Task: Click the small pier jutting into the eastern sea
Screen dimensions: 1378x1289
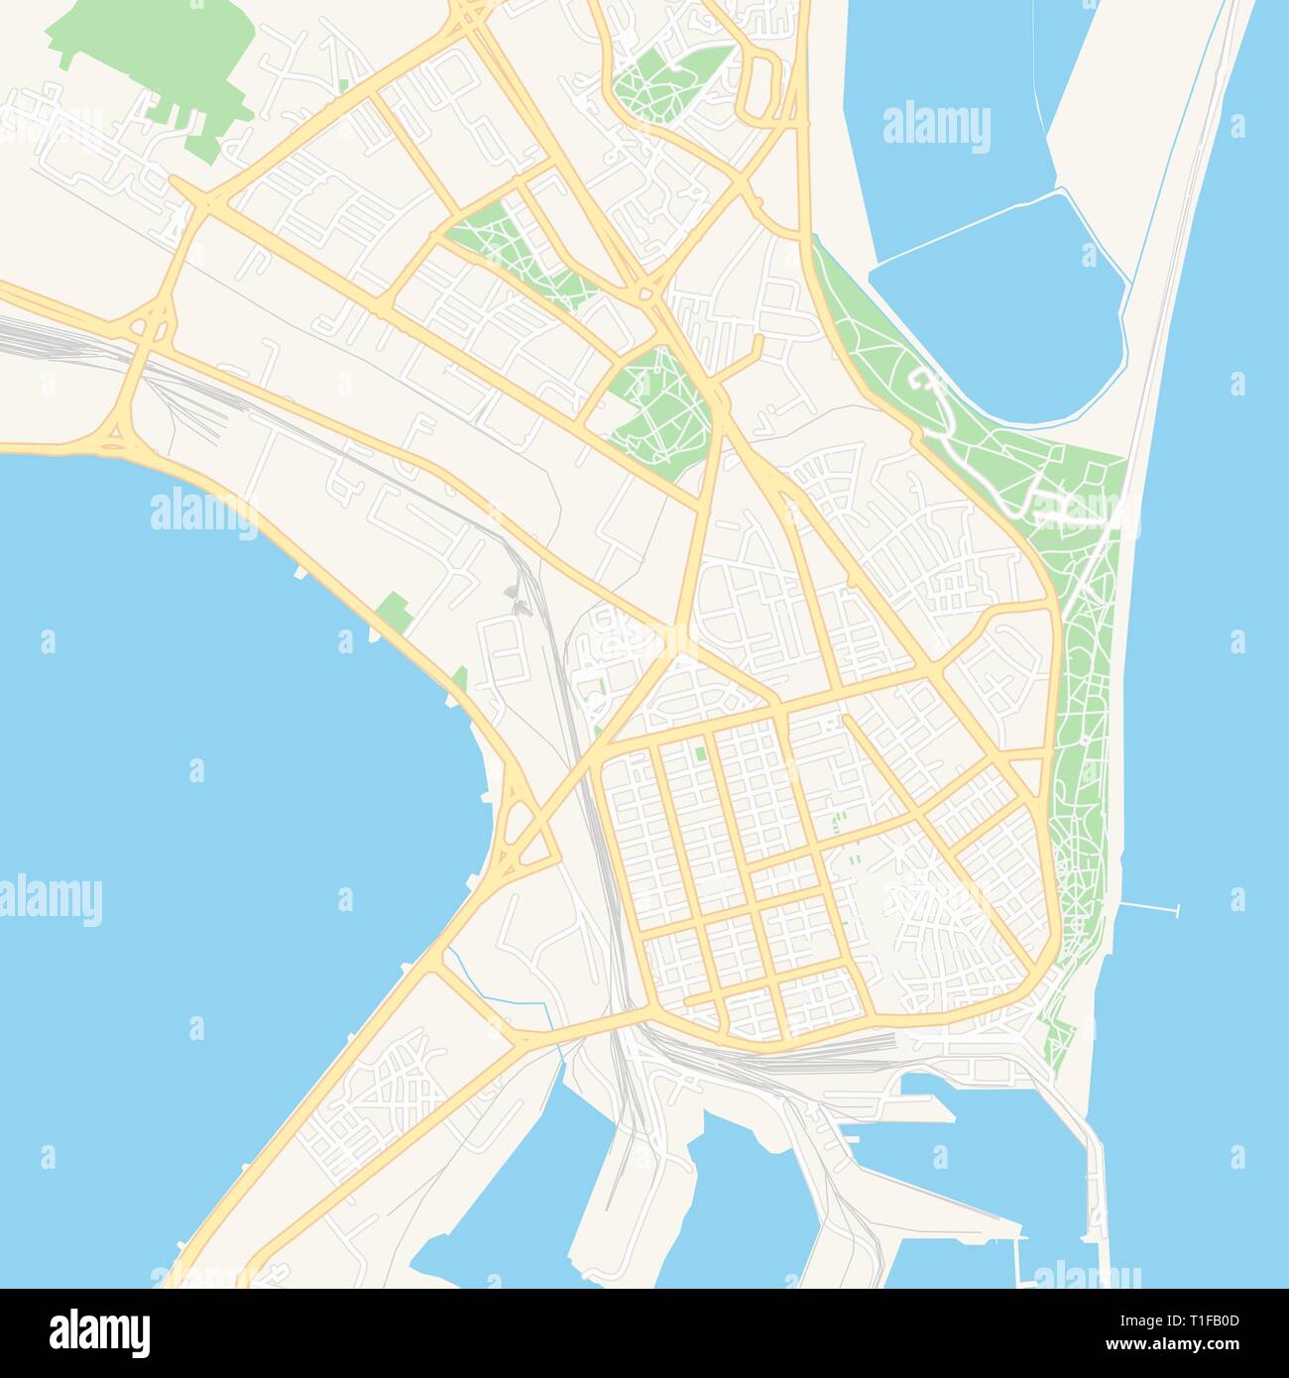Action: (1150, 907)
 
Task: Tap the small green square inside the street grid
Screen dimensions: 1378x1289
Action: (701, 752)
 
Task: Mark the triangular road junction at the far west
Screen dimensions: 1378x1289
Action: (117, 435)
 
